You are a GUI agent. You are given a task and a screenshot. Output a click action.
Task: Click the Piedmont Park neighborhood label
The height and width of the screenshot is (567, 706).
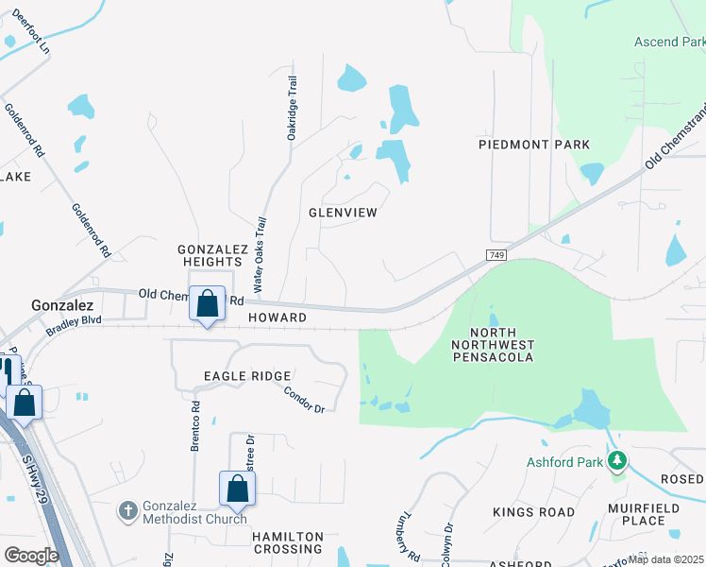[x=534, y=145]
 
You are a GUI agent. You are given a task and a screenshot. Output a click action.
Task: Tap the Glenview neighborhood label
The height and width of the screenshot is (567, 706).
[x=343, y=213]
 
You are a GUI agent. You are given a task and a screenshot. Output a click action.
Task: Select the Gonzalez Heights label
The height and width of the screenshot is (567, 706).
[x=212, y=255]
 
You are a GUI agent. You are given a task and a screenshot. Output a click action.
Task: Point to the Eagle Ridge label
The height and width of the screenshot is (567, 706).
[x=247, y=376]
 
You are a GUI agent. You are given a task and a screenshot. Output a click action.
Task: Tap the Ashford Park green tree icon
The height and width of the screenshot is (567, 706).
[x=617, y=461]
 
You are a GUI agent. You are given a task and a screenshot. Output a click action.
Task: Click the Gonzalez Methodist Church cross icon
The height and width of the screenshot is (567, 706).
[x=128, y=511]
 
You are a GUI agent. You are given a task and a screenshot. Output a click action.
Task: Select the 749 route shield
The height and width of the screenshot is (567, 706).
[x=496, y=256]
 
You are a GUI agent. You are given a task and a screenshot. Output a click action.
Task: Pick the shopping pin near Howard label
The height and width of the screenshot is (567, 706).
[x=207, y=304]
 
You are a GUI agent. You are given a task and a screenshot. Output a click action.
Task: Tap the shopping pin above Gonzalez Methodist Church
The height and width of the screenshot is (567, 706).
[x=237, y=489]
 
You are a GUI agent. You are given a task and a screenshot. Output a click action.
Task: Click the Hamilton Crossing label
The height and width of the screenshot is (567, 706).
[x=287, y=542]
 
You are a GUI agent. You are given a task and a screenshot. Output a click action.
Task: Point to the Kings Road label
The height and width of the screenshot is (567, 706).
[x=533, y=512]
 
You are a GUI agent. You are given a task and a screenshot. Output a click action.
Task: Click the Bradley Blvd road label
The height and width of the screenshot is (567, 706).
[x=74, y=327]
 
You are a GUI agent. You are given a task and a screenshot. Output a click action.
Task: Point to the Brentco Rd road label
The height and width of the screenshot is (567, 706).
[x=195, y=427]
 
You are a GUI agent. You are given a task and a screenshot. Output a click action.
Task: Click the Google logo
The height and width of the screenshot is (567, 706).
[x=31, y=555]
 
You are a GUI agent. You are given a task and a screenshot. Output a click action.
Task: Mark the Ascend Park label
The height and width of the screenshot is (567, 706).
[x=668, y=42]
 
